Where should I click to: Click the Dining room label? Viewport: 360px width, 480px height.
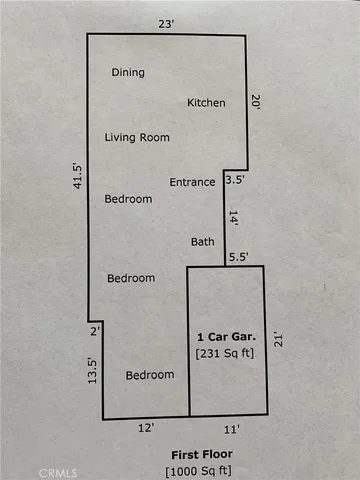(x=128, y=72)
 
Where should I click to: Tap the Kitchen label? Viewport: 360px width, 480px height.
(x=207, y=103)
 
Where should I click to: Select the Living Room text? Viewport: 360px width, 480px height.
(x=137, y=137)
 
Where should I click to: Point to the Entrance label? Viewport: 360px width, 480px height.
(x=192, y=182)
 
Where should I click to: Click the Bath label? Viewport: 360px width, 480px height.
(x=202, y=242)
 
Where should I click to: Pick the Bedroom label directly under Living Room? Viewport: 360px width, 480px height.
(x=129, y=199)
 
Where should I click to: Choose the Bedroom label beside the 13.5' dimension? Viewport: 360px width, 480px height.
(x=150, y=375)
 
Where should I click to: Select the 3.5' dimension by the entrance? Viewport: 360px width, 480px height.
(x=235, y=181)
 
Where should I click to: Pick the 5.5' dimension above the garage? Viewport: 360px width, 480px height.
(x=238, y=258)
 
